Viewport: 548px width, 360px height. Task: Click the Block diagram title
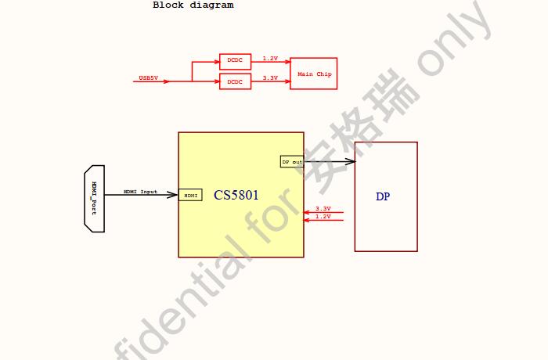point(193,5)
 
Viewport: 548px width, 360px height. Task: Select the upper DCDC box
point(235,61)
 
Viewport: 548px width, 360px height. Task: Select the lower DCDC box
point(235,81)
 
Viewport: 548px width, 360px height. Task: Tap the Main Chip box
point(314,74)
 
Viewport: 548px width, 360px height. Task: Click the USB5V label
point(148,78)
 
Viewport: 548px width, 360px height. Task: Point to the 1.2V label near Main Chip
point(270,59)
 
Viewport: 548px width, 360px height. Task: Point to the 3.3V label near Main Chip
point(270,78)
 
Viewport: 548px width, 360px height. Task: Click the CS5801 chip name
point(236,195)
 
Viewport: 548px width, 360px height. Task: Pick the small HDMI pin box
point(190,195)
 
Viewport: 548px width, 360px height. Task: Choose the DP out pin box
point(291,161)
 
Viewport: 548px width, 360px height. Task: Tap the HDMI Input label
point(140,192)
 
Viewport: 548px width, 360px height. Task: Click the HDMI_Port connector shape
point(94,198)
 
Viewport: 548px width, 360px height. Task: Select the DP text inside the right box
point(383,196)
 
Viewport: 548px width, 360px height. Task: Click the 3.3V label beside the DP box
point(323,209)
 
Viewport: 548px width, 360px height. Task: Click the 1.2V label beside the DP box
point(323,217)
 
